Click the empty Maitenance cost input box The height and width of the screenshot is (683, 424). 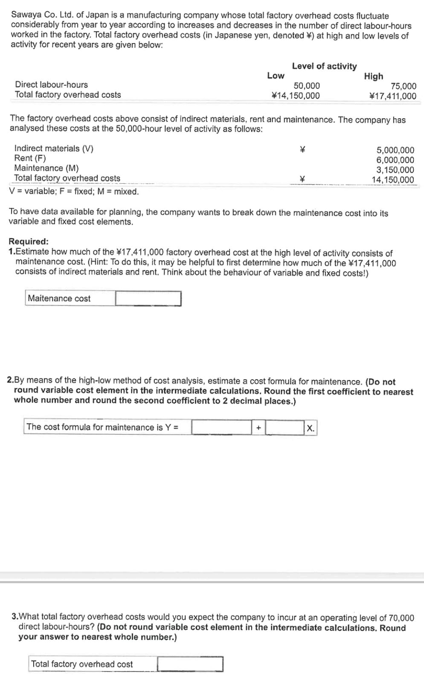tap(148, 299)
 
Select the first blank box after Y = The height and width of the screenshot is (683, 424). tap(221, 427)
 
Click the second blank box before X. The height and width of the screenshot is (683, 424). tap(285, 427)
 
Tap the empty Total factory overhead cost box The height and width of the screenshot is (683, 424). tap(190, 664)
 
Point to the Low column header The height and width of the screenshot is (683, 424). tap(276, 76)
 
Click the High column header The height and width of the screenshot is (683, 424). tap(373, 76)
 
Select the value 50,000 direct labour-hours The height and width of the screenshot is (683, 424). tap(307, 86)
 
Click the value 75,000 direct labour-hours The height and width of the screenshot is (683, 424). tap(404, 86)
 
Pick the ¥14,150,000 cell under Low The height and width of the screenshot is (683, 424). tap(296, 96)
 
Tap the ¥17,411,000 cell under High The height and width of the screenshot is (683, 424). tap(393, 96)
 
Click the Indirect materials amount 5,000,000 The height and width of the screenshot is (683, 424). tap(395, 150)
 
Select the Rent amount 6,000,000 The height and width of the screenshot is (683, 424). tap(395, 160)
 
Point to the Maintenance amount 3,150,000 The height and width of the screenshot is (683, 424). tap(395, 170)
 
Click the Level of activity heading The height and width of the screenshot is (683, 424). tap(324, 66)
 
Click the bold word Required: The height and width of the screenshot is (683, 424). tap(29, 241)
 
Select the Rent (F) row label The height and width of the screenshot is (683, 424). tap(30, 158)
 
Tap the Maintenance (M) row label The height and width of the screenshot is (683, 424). tap(46, 168)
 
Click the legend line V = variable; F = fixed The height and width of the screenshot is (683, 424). tap(74, 191)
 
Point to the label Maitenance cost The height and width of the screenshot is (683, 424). tap(59, 299)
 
